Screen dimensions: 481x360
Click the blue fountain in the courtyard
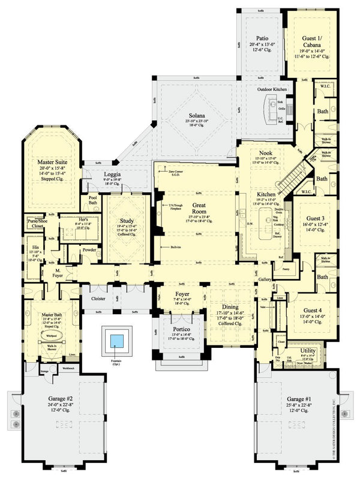pos(116,341)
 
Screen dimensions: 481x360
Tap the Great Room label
pos(199,205)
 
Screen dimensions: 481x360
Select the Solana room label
pos(195,115)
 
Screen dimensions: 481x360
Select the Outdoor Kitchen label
pos(272,89)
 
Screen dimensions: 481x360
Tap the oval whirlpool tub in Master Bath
pos(51,337)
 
